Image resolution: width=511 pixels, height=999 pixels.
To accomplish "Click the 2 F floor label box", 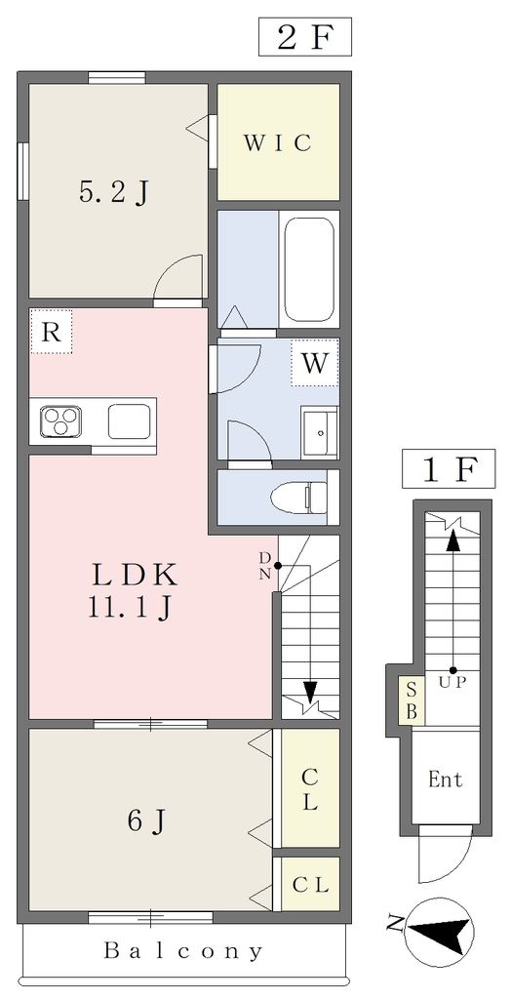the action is coord(305,37).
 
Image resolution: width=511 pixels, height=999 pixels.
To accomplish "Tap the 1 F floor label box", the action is coord(449,468).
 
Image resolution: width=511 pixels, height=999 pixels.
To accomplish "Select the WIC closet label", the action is coord(279,142).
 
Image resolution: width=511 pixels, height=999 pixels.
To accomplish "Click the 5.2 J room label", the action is coord(114,191).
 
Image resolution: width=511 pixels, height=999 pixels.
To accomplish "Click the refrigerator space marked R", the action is coord(51,332).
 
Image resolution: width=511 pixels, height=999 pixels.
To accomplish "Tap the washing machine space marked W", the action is coord(315,363).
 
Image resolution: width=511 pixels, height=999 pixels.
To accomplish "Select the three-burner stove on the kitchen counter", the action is coord(60,421).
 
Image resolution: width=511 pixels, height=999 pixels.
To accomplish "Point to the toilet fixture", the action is coord(299,497).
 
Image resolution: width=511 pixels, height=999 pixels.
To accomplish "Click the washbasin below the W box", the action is coord(320,432).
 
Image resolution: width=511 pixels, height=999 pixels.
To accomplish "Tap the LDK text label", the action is coord(134,576).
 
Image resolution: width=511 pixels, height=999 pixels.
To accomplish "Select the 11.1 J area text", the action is coord(130,609).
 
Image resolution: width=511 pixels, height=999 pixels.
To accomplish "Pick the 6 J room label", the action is coord(148,820).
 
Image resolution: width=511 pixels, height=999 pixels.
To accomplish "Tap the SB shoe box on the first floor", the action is coord(413,700).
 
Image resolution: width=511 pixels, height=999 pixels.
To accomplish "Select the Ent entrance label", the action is coord(446,779).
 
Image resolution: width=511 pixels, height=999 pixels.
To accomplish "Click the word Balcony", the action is coord(183,951).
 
